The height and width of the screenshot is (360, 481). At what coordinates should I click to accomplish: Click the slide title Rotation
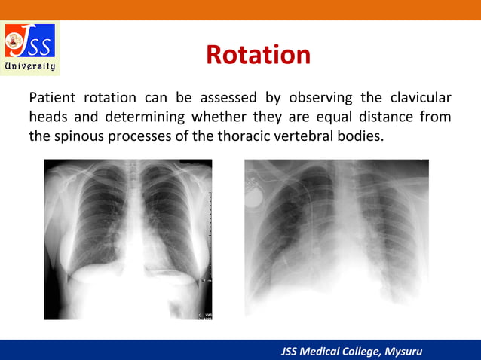[x=258, y=55]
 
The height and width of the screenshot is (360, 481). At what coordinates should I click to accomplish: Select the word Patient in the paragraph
[x=53, y=98]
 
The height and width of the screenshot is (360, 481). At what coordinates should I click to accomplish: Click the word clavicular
[x=420, y=98]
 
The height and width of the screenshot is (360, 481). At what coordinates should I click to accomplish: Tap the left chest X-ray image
[x=127, y=239]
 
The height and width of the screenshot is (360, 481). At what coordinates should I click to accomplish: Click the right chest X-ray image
[x=336, y=237]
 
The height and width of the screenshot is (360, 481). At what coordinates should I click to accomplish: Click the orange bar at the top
[x=240, y=9]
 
